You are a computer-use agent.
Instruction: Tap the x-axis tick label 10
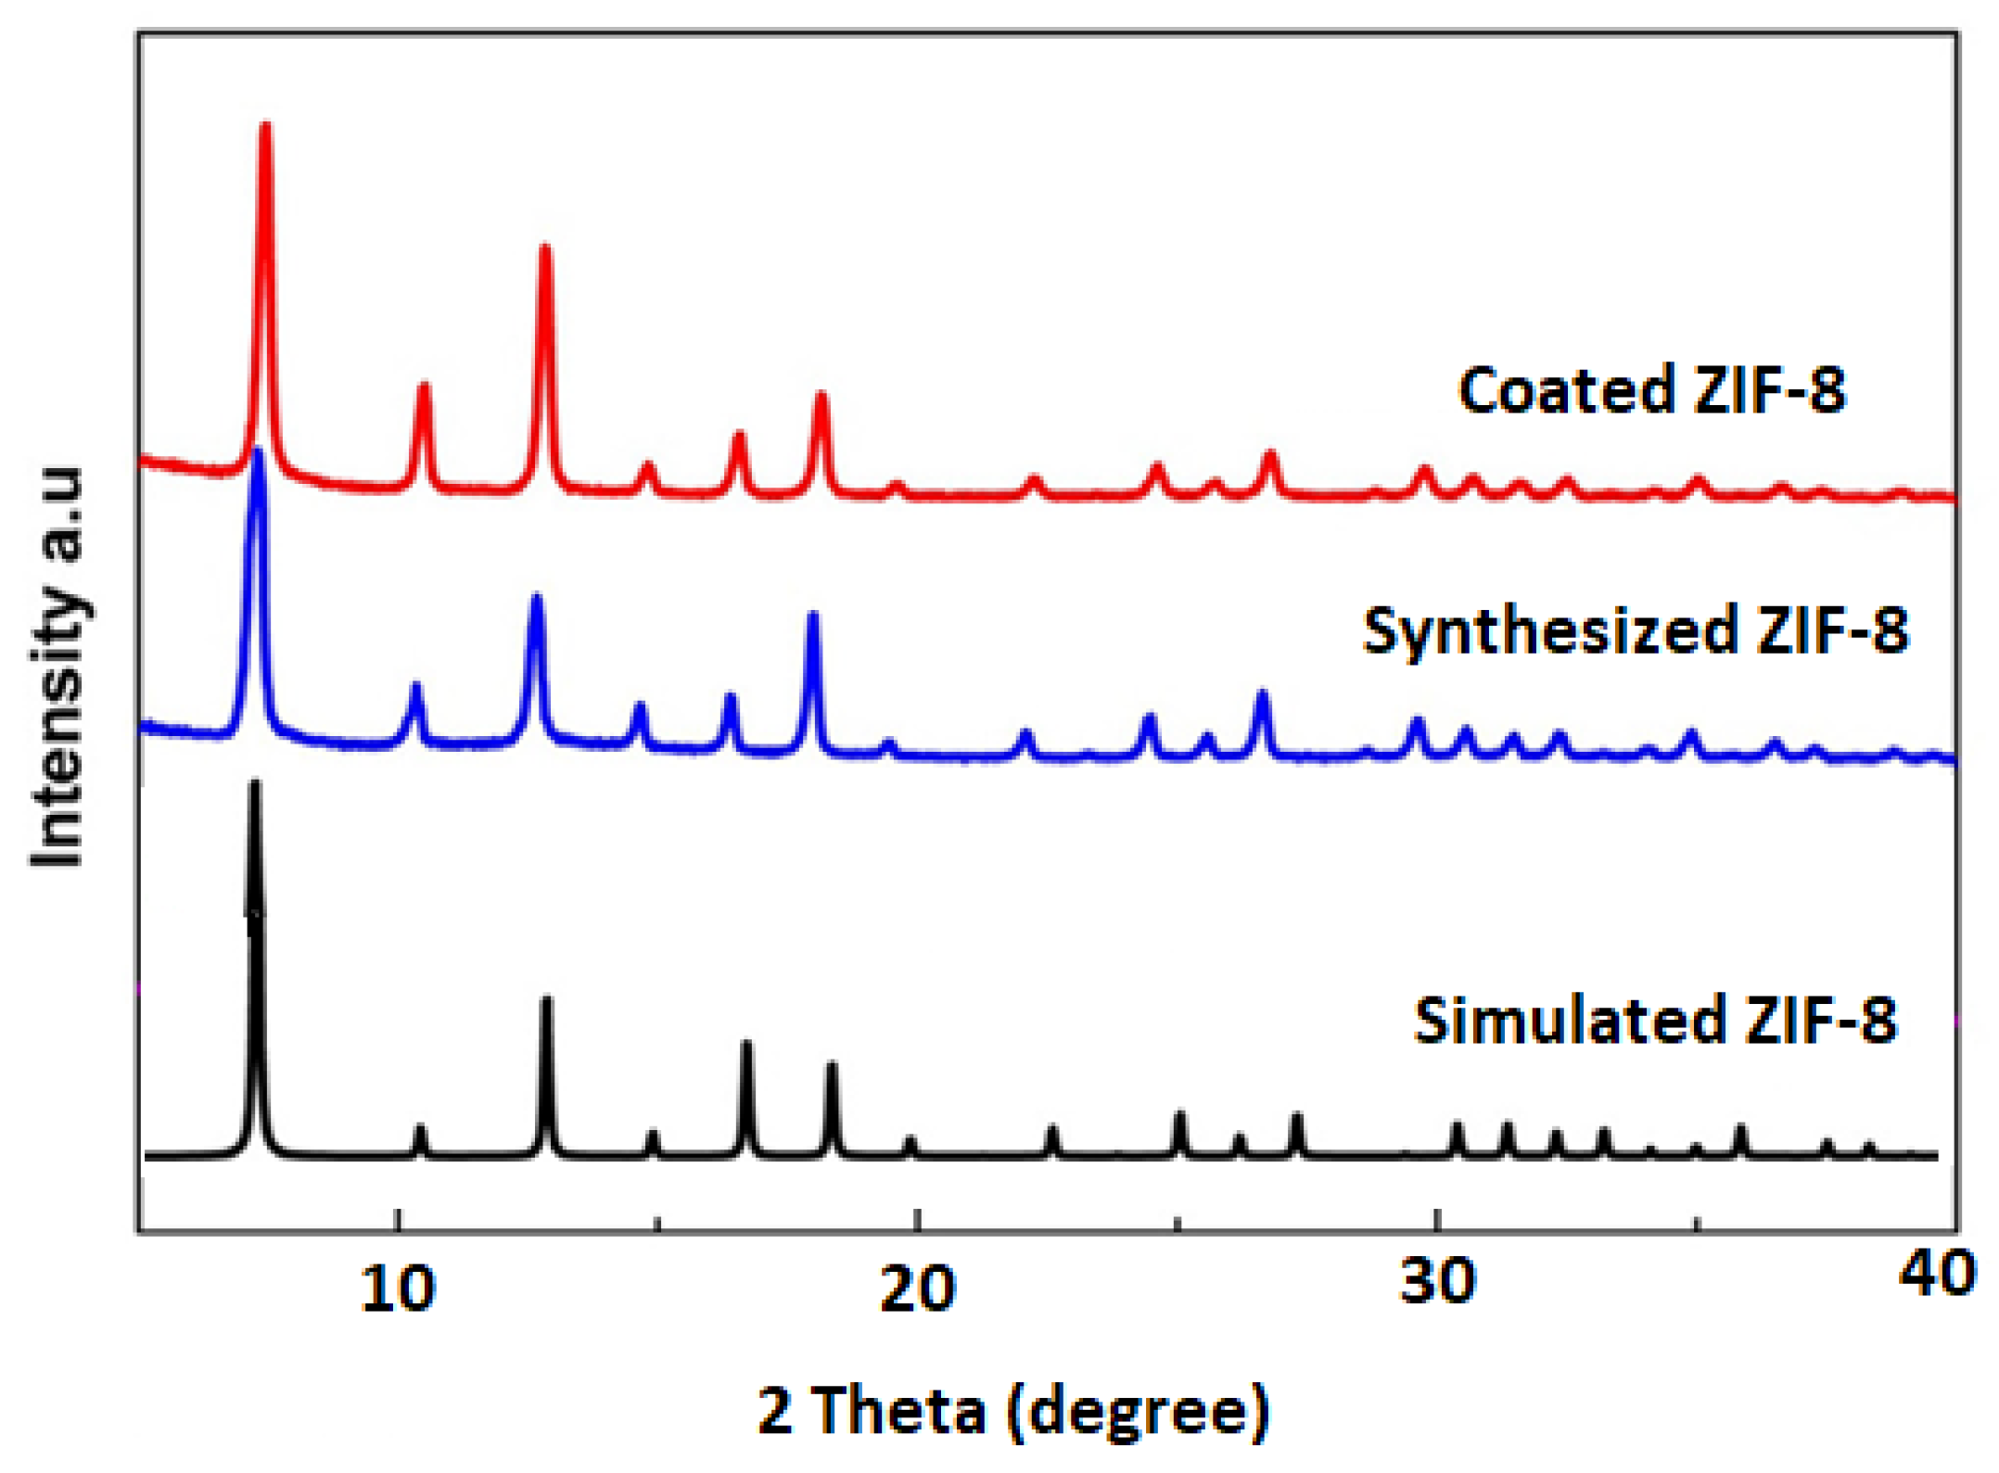coord(398,1288)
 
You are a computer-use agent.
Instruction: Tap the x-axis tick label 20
coord(916,1288)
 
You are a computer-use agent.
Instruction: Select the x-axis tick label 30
coord(1436,1282)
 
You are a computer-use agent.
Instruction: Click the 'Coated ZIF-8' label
coord(1651,389)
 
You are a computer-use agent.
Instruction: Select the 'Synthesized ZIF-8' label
coord(1635,631)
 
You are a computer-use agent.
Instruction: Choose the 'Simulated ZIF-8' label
coord(1655,1021)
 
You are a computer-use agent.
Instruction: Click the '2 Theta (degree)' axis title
coord(1013,1410)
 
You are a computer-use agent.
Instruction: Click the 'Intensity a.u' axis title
coord(57,667)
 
